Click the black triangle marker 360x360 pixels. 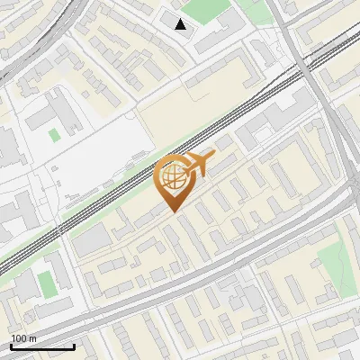(x=181, y=24)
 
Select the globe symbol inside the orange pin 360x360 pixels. (x=172, y=176)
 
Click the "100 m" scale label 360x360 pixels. (x=23, y=338)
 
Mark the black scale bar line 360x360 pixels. (x=41, y=347)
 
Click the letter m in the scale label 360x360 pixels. (x=32, y=338)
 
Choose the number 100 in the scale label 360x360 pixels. (x=18, y=338)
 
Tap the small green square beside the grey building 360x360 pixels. (x=55, y=135)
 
